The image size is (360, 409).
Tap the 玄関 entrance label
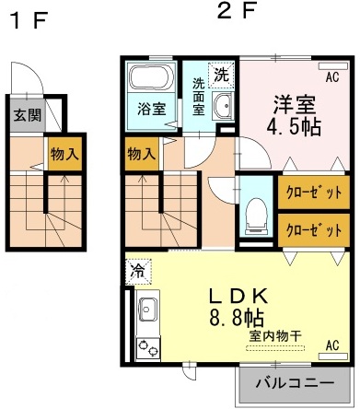[26, 115]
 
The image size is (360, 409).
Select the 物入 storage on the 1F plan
[64, 152]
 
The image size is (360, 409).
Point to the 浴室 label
[152, 109]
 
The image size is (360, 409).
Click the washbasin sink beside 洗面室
[223, 109]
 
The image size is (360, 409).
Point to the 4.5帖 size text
[296, 125]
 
